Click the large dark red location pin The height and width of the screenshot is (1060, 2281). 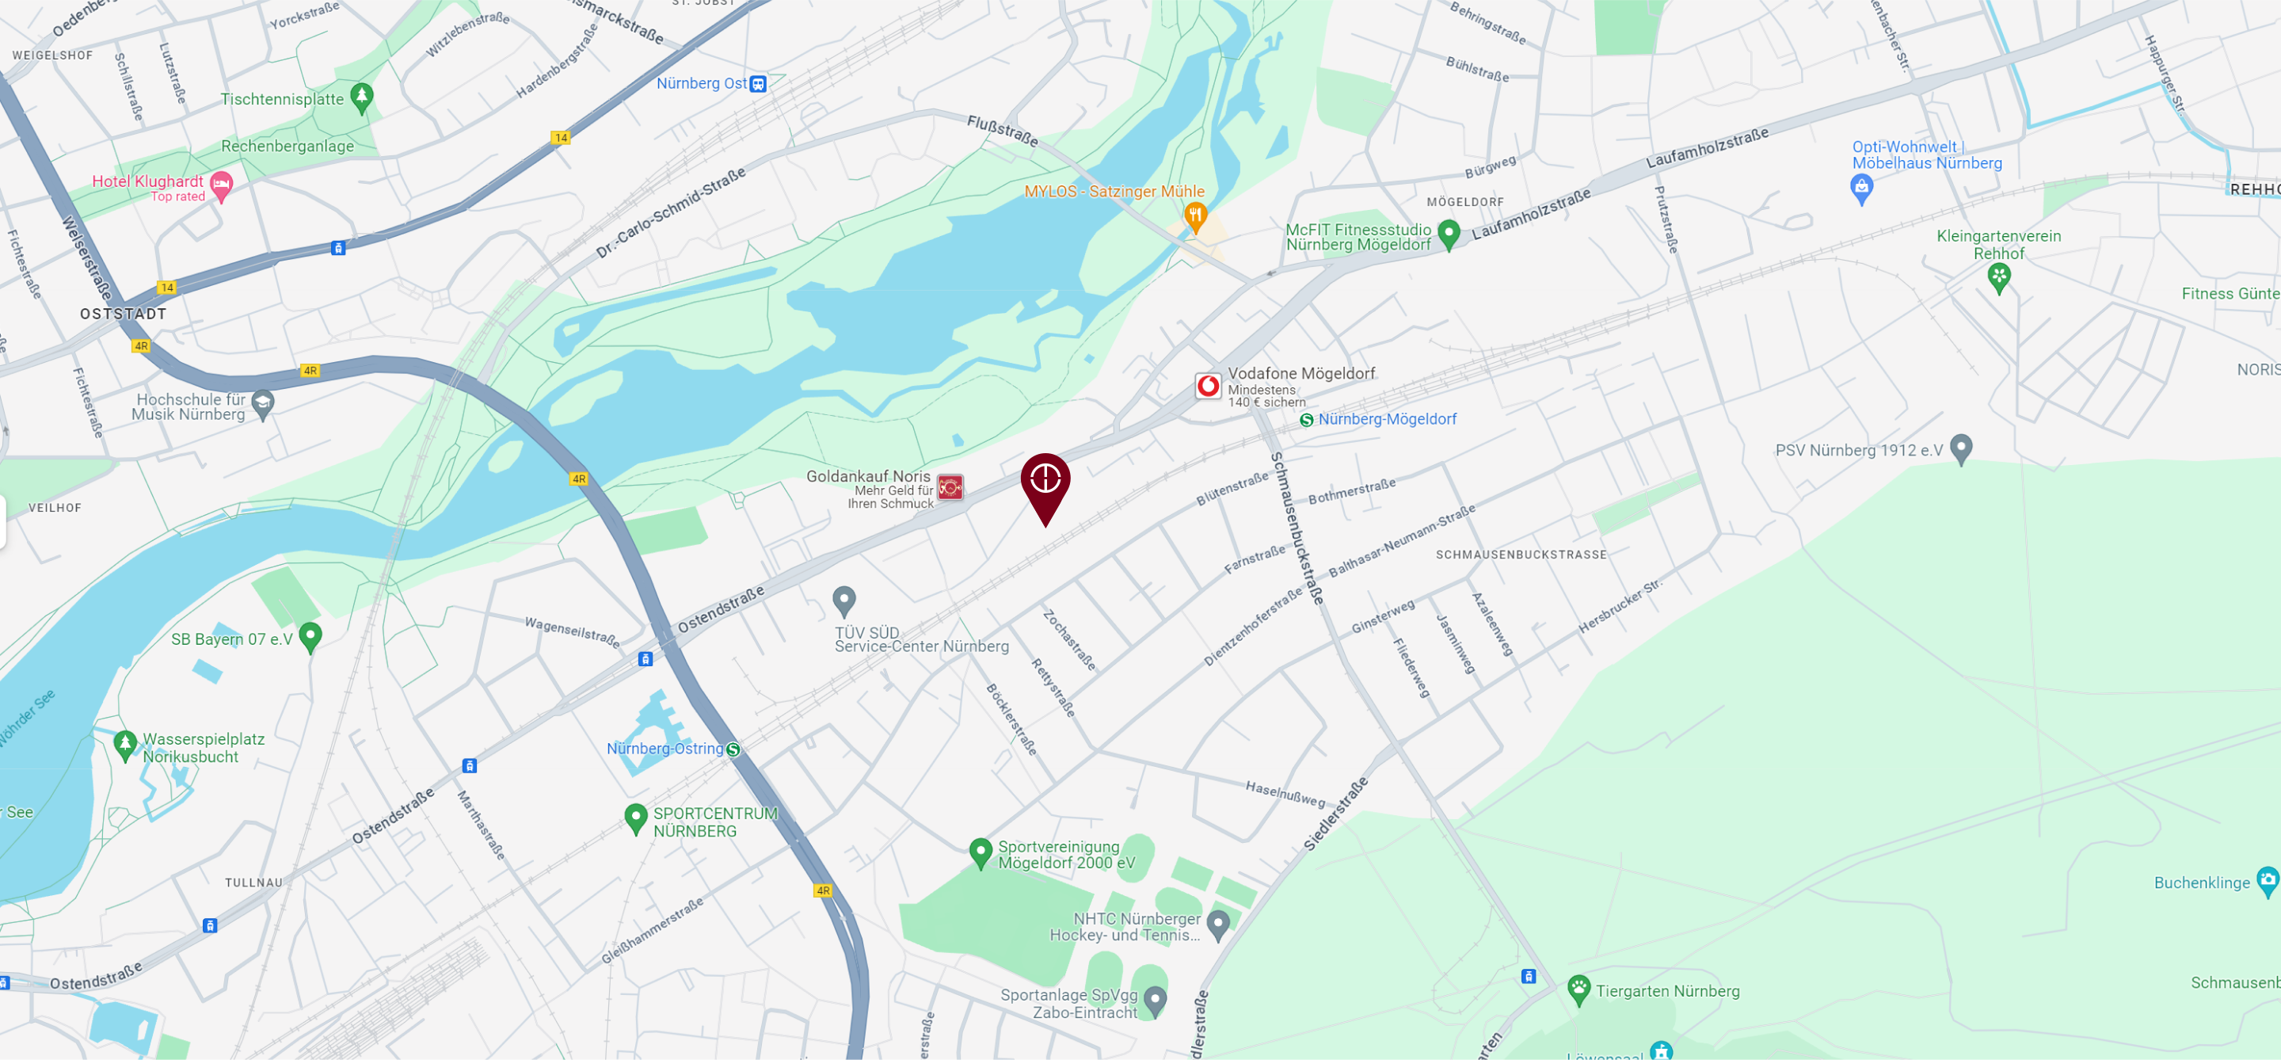(x=1045, y=482)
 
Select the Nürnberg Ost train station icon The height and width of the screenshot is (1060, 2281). (x=758, y=84)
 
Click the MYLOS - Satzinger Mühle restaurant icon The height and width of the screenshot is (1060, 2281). (x=1195, y=215)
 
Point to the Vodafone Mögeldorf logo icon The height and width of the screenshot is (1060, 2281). (x=1208, y=386)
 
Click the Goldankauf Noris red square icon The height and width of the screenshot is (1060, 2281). (x=950, y=487)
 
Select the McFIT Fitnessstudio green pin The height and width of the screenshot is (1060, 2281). (x=1449, y=234)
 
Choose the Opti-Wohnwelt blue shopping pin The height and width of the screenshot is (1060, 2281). (x=1861, y=188)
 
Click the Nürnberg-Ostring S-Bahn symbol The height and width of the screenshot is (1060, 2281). (x=733, y=749)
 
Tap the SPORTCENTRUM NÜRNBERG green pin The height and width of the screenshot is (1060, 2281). (x=636, y=818)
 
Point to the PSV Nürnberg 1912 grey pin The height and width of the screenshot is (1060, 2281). (x=1961, y=448)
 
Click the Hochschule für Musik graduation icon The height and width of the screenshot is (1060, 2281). (x=263, y=404)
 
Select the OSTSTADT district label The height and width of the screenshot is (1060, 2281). (x=123, y=314)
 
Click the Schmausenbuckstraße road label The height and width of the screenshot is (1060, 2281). (x=1297, y=528)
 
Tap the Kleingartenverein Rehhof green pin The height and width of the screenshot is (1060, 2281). (x=1998, y=278)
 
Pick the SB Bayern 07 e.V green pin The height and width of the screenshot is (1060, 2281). (x=310, y=636)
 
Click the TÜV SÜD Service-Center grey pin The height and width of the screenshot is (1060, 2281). (x=843, y=601)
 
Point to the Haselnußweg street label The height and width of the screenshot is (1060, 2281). (x=1285, y=794)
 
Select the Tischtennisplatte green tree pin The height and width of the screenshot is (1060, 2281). (x=361, y=97)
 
